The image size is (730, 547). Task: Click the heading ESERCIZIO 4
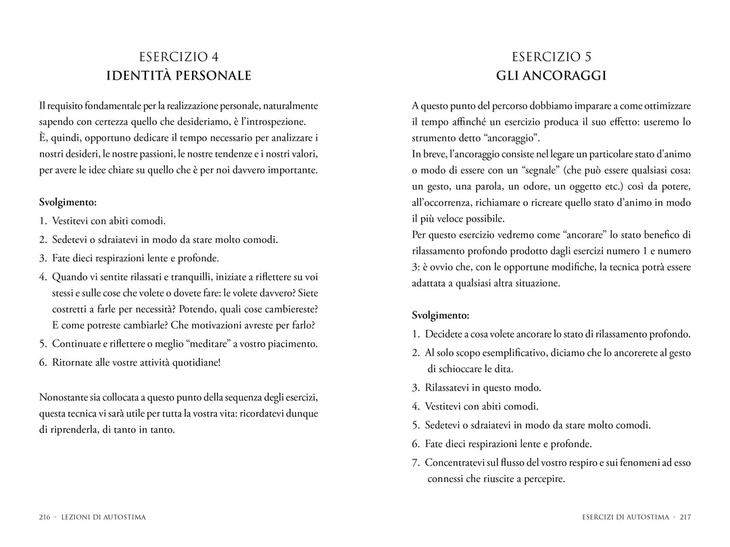179,57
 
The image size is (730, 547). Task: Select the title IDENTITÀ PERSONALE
179,76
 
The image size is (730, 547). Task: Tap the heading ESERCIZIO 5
552,57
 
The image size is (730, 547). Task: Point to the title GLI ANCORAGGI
552,76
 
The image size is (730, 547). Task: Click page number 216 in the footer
45,517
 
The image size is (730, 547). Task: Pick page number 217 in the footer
685,517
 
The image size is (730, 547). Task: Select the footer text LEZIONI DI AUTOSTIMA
103,517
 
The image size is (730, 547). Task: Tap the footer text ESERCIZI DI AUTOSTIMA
625,517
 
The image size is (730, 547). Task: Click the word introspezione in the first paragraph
274,122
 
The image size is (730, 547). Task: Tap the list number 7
415,463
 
